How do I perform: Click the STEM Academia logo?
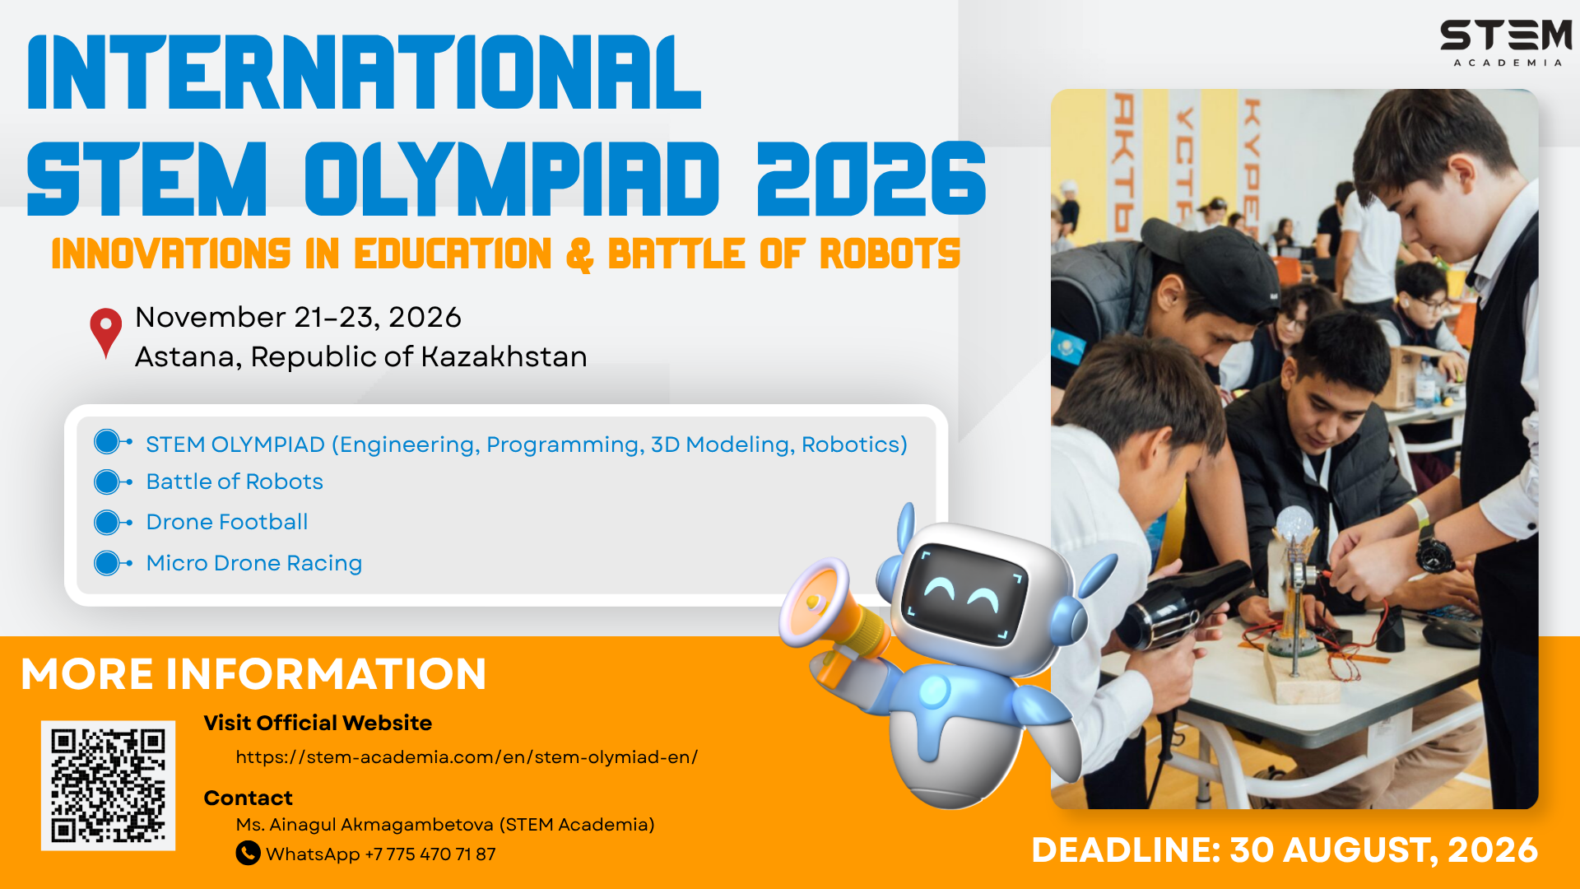(x=1506, y=44)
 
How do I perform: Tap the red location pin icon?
(x=105, y=332)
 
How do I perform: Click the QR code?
(x=108, y=785)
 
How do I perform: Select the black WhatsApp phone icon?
(x=248, y=853)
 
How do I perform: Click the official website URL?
(x=467, y=757)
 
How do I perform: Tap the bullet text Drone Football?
(x=226, y=522)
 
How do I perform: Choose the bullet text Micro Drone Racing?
(x=253, y=563)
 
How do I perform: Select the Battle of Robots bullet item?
(x=235, y=482)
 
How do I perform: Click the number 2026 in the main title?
(x=871, y=179)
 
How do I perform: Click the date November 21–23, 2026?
(x=298, y=317)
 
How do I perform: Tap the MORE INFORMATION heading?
(x=253, y=674)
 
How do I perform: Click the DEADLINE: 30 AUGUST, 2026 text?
(x=1285, y=850)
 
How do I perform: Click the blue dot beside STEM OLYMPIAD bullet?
(x=107, y=442)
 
